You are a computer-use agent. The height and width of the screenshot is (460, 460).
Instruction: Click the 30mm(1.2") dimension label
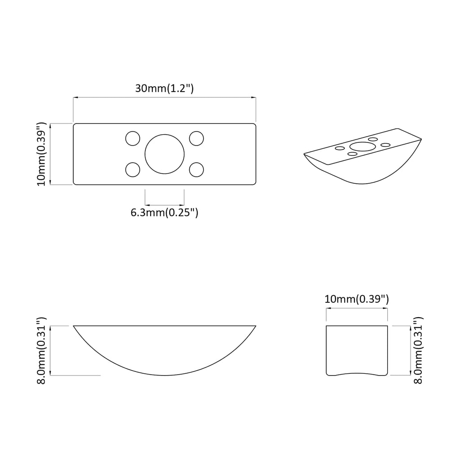[x=164, y=88]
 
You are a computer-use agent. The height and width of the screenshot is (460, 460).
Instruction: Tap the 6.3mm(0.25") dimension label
[x=164, y=212]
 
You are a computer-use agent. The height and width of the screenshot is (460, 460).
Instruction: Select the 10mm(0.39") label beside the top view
[x=41, y=154]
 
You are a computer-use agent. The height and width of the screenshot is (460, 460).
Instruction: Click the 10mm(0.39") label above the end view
[x=356, y=299]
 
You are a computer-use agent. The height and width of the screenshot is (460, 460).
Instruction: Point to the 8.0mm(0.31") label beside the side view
[x=41, y=350]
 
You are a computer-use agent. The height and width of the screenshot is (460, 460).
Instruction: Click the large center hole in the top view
[x=164, y=154]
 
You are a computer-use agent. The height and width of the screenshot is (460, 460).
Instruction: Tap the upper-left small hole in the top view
[x=133, y=138]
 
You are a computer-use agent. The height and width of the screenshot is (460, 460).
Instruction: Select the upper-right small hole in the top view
[x=197, y=138]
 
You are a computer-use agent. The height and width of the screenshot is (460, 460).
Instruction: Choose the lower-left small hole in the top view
[x=133, y=169]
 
